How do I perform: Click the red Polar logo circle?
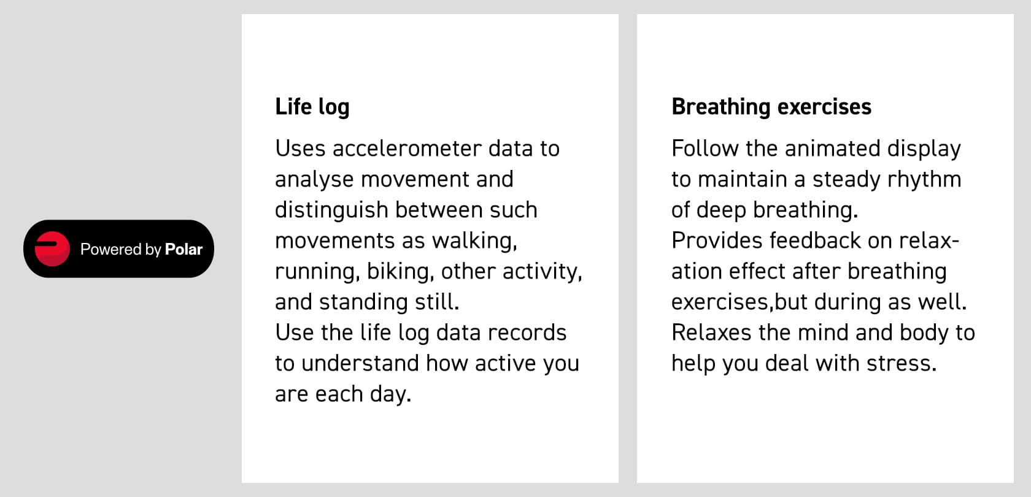click(x=52, y=248)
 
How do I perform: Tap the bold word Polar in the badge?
click(x=183, y=249)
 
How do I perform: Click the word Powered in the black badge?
click(x=111, y=249)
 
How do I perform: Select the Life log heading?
click(x=312, y=107)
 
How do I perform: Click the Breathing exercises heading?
click(x=771, y=107)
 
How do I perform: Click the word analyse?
click(x=314, y=180)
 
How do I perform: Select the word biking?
click(x=400, y=272)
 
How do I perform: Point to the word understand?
click(x=360, y=363)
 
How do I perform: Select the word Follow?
click(x=705, y=148)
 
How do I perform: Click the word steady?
click(x=846, y=180)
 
